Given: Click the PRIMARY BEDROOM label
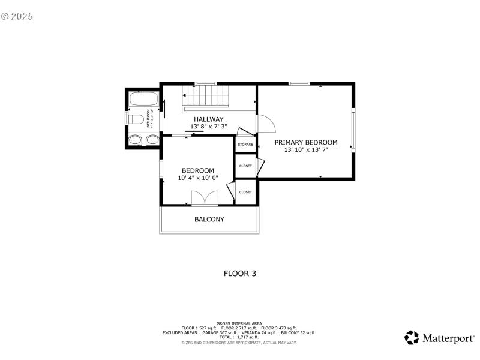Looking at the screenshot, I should click(306, 143).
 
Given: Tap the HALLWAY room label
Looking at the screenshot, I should click(208, 119).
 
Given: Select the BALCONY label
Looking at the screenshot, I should click(209, 220).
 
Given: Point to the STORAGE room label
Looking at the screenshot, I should click(245, 145).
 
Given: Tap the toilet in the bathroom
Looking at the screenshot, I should click(136, 119).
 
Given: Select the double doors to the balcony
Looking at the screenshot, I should click(205, 199).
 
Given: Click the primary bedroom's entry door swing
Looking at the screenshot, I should click(266, 124).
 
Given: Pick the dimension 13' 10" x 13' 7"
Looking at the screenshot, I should click(306, 150).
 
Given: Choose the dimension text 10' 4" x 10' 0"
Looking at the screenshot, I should click(198, 178).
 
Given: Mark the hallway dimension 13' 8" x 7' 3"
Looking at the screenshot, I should click(208, 127).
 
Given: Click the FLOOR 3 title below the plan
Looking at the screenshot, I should click(240, 274).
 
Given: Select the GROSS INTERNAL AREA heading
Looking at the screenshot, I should click(239, 323).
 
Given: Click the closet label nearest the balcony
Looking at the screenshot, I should click(245, 192).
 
